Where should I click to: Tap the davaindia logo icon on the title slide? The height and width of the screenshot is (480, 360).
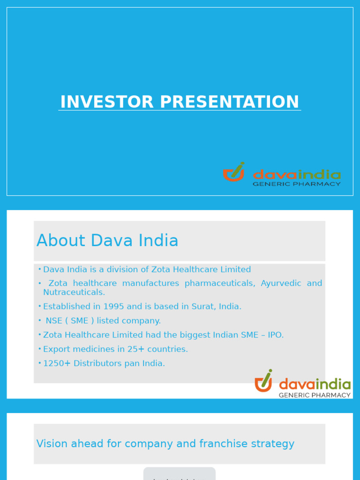click(x=234, y=172)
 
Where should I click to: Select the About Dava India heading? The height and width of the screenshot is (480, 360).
click(x=107, y=241)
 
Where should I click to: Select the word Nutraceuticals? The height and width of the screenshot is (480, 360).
click(x=74, y=292)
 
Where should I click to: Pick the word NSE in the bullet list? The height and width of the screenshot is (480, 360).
click(x=53, y=321)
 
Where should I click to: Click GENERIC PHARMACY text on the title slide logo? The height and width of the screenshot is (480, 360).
click(x=296, y=184)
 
